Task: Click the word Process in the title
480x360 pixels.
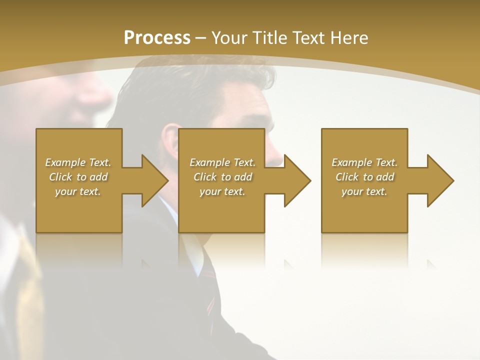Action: [157, 38]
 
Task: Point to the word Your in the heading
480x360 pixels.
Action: [230, 38]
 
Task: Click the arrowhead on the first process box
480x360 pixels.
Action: [153, 180]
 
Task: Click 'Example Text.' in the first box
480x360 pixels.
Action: [78, 162]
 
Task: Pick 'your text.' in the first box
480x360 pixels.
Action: [78, 191]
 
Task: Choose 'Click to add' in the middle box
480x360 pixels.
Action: [222, 177]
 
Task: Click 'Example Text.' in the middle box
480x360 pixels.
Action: [222, 162]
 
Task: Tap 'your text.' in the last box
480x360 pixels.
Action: [364, 191]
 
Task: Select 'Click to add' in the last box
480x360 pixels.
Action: [364, 177]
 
